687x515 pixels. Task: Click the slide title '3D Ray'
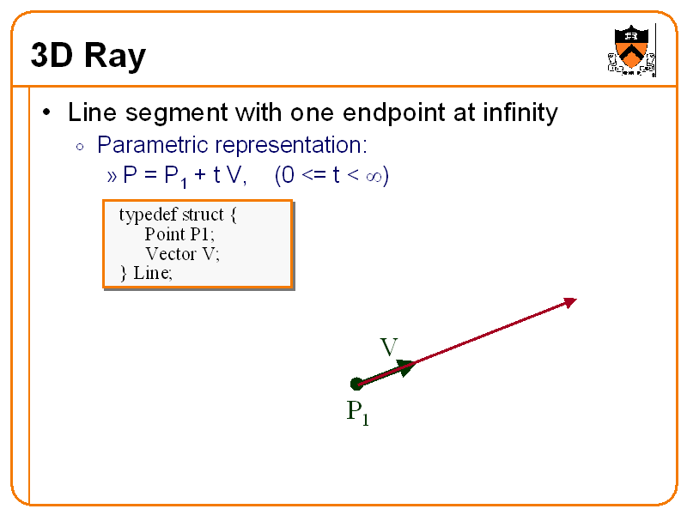[x=88, y=57]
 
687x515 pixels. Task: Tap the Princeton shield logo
[x=631, y=49]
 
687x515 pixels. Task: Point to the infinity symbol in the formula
[x=374, y=176]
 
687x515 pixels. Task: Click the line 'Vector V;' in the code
[x=182, y=254]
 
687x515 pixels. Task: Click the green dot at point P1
[x=356, y=384]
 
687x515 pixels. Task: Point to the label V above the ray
[x=388, y=348]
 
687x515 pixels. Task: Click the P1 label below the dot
[x=357, y=413]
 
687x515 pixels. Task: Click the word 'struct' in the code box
[x=203, y=215]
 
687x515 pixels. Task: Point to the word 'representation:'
[x=291, y=143]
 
